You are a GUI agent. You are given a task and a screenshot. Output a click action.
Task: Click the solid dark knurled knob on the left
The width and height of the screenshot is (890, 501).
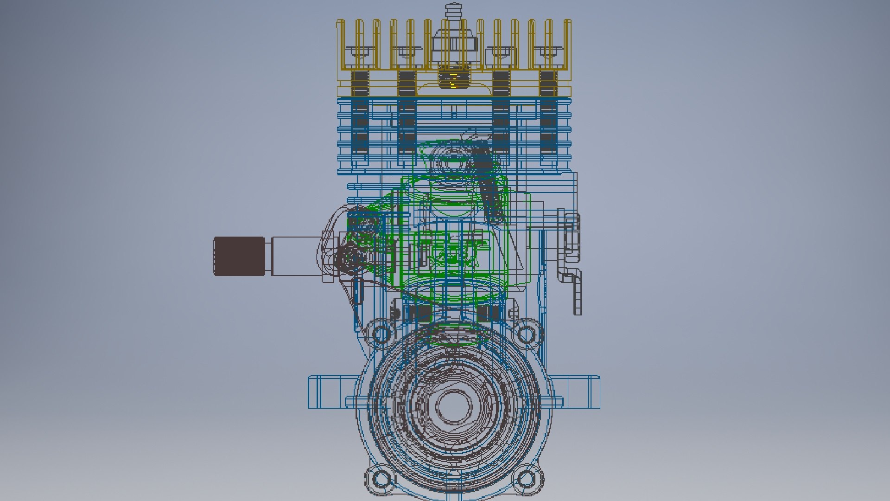(x=239, y=256)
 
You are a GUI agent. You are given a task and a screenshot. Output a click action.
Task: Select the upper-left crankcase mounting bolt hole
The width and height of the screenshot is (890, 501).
(x=381, y=334)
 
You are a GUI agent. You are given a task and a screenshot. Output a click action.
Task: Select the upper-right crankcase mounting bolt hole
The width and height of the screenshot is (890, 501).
(x=526, y=334)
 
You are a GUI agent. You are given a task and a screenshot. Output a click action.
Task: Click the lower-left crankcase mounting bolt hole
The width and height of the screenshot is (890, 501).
(x=381, y=478)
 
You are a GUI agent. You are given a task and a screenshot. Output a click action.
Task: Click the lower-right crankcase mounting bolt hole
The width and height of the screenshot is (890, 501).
(x=526, y=478)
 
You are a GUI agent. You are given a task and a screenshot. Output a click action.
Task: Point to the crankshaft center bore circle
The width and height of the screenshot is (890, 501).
(x=454, y=406)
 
